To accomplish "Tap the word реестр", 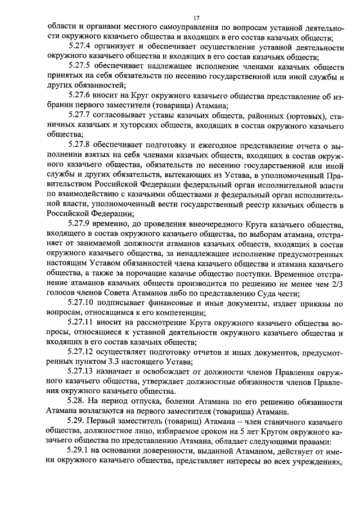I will pyautogui.click(x=235, y=204).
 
